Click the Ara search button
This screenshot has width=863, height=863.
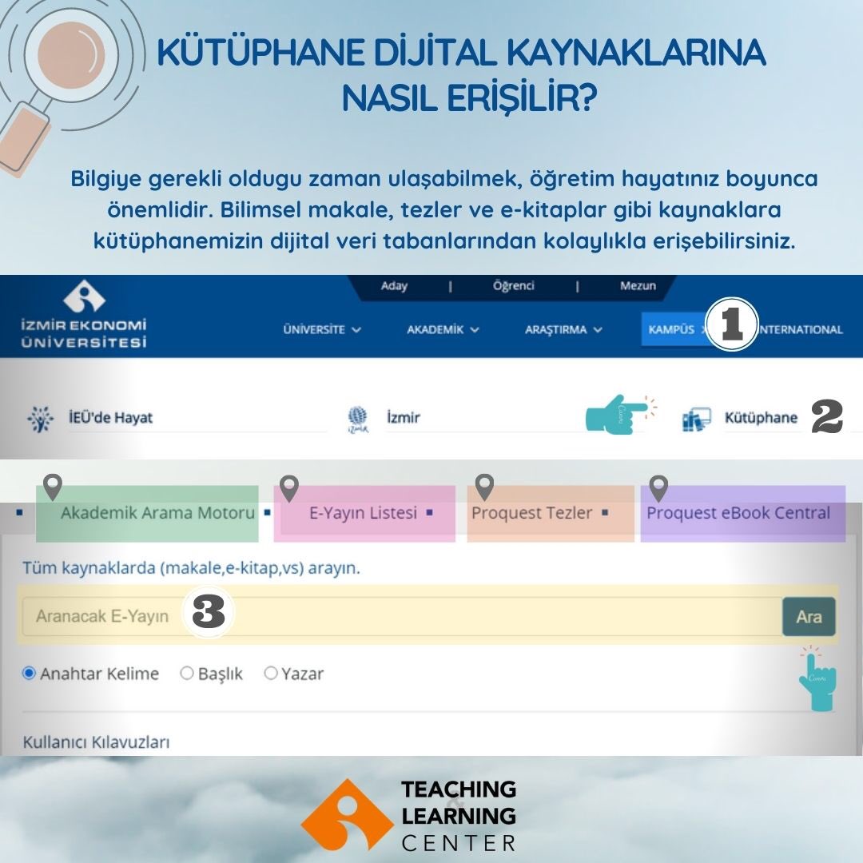tap(809, 617)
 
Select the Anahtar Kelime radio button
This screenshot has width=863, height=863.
tap(30, 674)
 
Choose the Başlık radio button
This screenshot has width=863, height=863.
tap(187, 674)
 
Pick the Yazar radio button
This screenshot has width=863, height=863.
tap(271, 674)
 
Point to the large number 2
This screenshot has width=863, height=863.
tap(827, 417)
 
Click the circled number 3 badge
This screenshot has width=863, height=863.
tap(209, 614)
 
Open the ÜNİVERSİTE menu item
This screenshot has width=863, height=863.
tap(322, 329)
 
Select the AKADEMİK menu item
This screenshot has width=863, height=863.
tap(443, 329)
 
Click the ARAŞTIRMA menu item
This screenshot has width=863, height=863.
tap(563, 329)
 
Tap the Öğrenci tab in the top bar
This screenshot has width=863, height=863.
tap(514, 286)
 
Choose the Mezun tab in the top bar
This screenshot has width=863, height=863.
tap(638, 286)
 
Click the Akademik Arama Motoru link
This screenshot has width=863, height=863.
tap(157, 513)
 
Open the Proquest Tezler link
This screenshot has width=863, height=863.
tap(531, 513)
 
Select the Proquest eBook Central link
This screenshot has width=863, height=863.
tap(738, 513)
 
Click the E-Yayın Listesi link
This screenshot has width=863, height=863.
tap(363, 513)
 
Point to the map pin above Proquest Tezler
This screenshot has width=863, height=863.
tap(484, 486)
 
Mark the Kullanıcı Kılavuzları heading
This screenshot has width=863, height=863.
tap(96, 742)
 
